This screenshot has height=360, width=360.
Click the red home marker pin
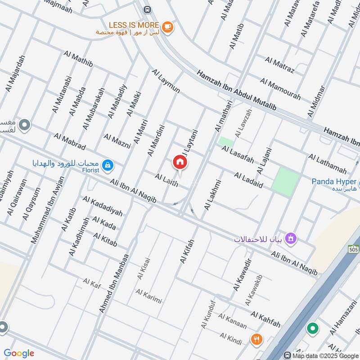180,162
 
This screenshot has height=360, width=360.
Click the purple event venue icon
291,237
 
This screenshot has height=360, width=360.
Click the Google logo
19,353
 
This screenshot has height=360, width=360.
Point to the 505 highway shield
353,249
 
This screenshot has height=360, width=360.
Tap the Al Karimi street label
148,297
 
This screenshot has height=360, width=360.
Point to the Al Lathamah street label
327,164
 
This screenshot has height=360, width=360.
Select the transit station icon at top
147,9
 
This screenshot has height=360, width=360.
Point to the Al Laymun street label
166,81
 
